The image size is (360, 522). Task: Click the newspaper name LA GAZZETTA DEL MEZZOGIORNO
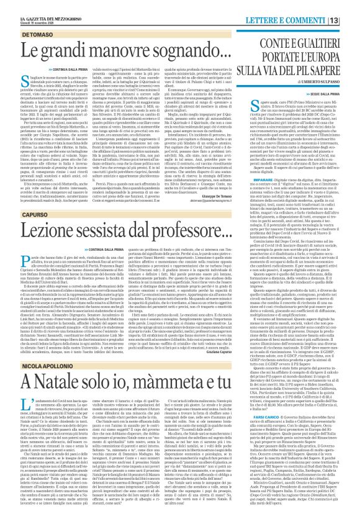tap(38, 4)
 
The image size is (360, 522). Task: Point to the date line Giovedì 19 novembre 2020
tap(24, 10)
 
